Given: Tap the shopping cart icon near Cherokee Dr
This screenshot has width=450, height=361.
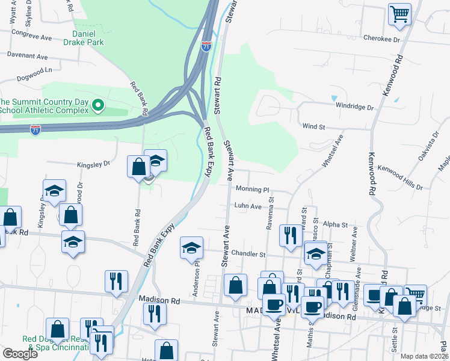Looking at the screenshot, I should (x=399, y=14).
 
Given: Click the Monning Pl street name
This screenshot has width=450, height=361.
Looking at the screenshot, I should (x=252, y=189).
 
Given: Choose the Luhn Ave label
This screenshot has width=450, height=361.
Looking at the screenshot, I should (x=248, y=206).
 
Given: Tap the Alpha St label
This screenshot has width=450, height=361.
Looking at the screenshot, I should (x=336, y=224).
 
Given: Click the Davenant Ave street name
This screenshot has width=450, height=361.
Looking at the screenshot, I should (x=27, y=55).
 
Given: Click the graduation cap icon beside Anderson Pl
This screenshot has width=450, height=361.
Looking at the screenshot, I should (x=191, y=247).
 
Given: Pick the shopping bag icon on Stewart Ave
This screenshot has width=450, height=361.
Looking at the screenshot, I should (x=235, y=285).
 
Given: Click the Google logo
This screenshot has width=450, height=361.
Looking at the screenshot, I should (x=20, y=354).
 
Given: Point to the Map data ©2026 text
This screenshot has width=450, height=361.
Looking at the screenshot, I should (x=424, y=356).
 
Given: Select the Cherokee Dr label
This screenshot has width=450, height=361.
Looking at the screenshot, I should (x=381, y=39).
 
